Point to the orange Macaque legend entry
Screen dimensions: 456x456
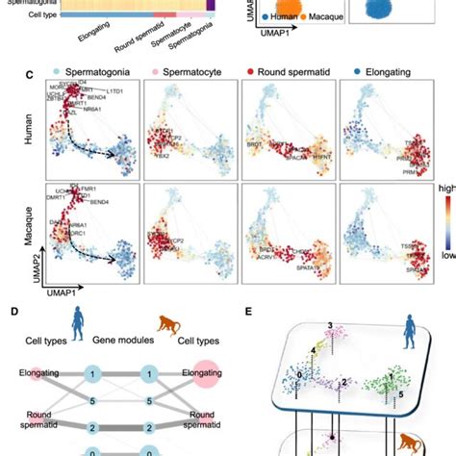coord(313,43)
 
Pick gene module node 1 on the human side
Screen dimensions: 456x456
coord(90,372)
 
